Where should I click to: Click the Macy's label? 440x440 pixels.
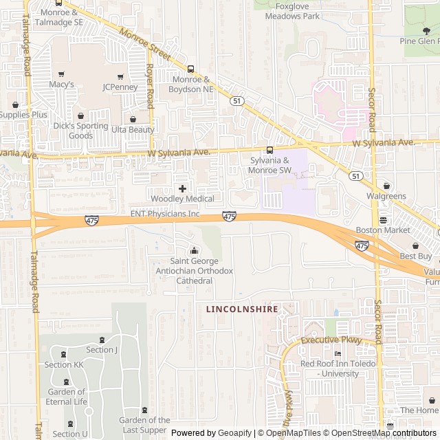[61, 85]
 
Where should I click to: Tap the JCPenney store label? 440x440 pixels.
[120, 87]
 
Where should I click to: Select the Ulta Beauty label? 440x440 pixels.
[133, 129]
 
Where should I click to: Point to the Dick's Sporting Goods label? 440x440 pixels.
[80, 131]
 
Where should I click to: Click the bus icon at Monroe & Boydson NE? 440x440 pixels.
[190, 69]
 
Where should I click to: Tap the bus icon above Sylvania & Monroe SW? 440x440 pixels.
[269, 151]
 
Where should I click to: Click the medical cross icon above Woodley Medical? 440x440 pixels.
[182, 188]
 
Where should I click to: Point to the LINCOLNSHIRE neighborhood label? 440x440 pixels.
[242, 309]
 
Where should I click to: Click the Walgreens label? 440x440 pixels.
[386, 196]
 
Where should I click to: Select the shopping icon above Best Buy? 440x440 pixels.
[415, 245]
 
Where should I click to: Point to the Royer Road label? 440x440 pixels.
[149, 87]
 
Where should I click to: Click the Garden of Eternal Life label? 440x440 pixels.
[67, 397]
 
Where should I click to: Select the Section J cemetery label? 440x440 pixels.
[102, 350]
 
